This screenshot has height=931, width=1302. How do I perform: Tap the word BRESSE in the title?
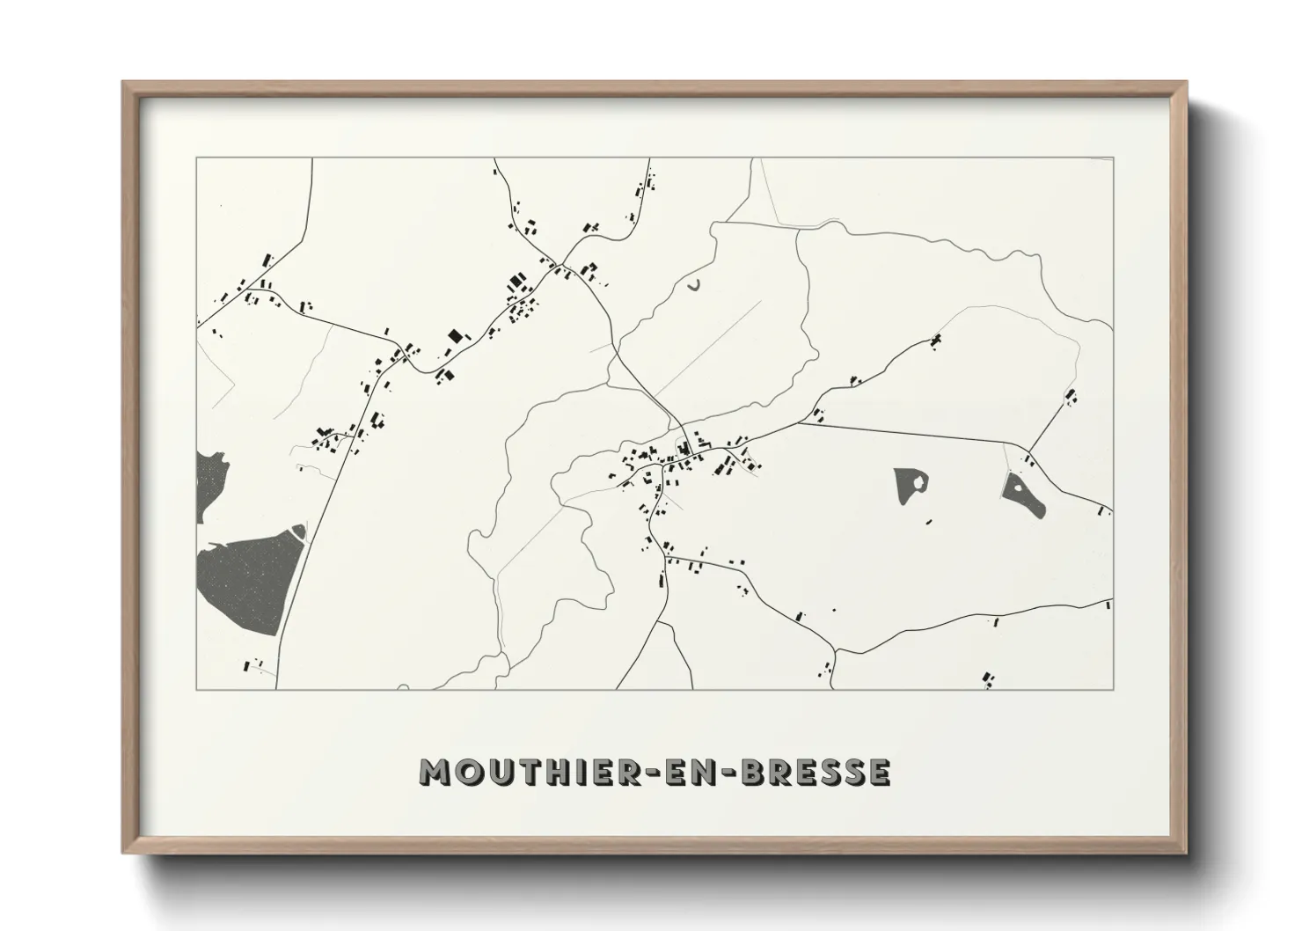coord(816,772)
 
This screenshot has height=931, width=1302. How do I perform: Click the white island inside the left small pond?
coord(918,480)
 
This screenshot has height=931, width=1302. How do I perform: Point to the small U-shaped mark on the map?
coord(694,285)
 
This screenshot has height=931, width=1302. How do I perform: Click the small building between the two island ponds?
coord(928,523)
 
